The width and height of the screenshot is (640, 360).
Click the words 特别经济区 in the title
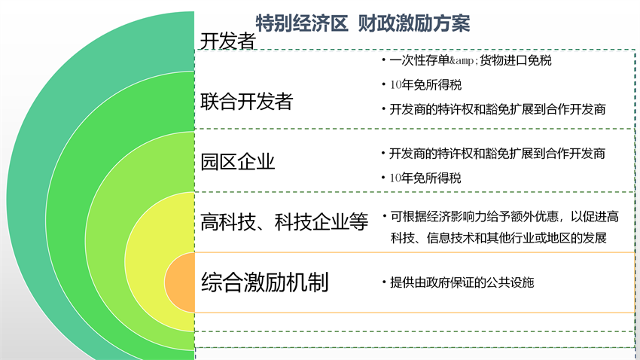point(302,23)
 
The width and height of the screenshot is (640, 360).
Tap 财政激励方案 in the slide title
point(414,23)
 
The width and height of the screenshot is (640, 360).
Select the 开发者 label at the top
point(227,41)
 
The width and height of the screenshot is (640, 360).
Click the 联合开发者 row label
point(246,101)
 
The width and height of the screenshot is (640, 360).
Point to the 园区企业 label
point(237,162)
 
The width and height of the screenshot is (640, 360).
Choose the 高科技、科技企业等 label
point(285,222)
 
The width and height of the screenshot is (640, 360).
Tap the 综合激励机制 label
point(265,282)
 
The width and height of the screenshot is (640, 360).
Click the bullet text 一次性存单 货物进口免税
point(470,60)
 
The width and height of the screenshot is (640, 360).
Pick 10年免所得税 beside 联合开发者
point(425,85)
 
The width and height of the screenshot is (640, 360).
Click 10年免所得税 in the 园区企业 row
point(425,178)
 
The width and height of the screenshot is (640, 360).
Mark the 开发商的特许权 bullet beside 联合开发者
point(498,109)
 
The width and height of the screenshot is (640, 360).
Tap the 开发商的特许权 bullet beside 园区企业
point(497,154)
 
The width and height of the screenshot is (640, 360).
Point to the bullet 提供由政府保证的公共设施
point(462,282)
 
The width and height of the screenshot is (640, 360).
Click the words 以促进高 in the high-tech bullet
point(595,216)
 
